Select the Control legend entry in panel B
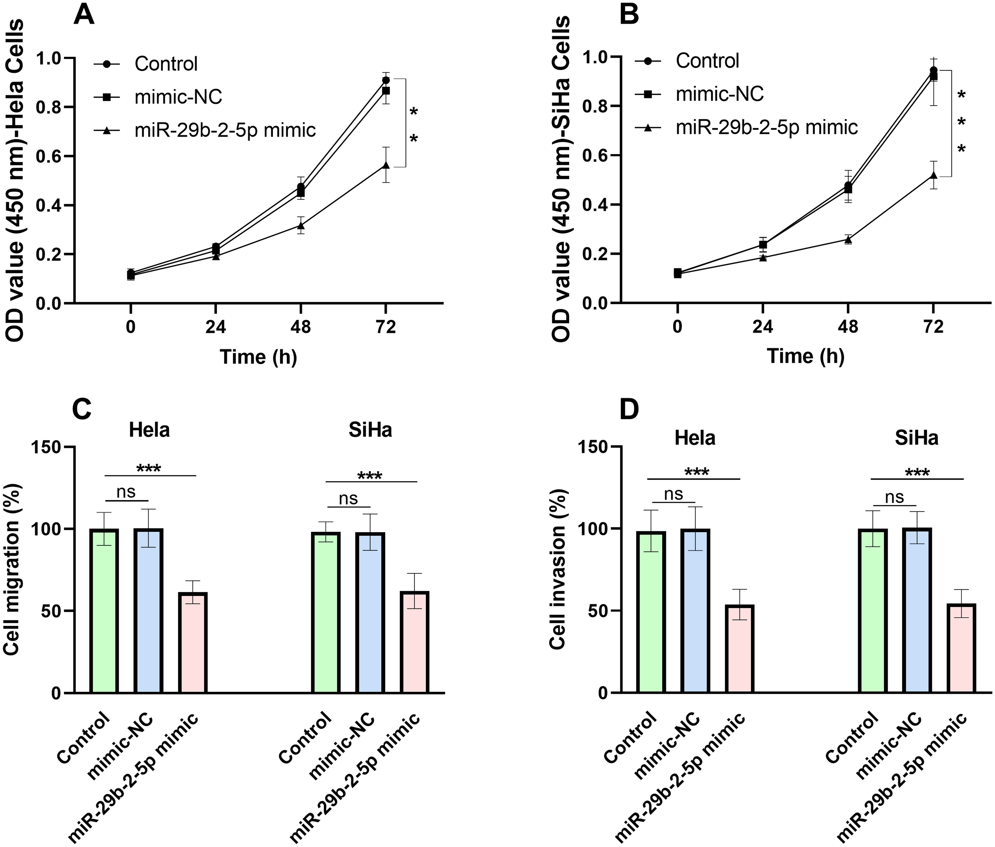[687, 61]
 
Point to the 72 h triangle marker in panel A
[386, 165]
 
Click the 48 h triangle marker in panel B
[848, 240]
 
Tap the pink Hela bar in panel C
[193, 642]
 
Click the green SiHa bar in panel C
[326, 612]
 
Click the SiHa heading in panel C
[370, 430]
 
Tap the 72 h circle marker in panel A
[386, 80]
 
